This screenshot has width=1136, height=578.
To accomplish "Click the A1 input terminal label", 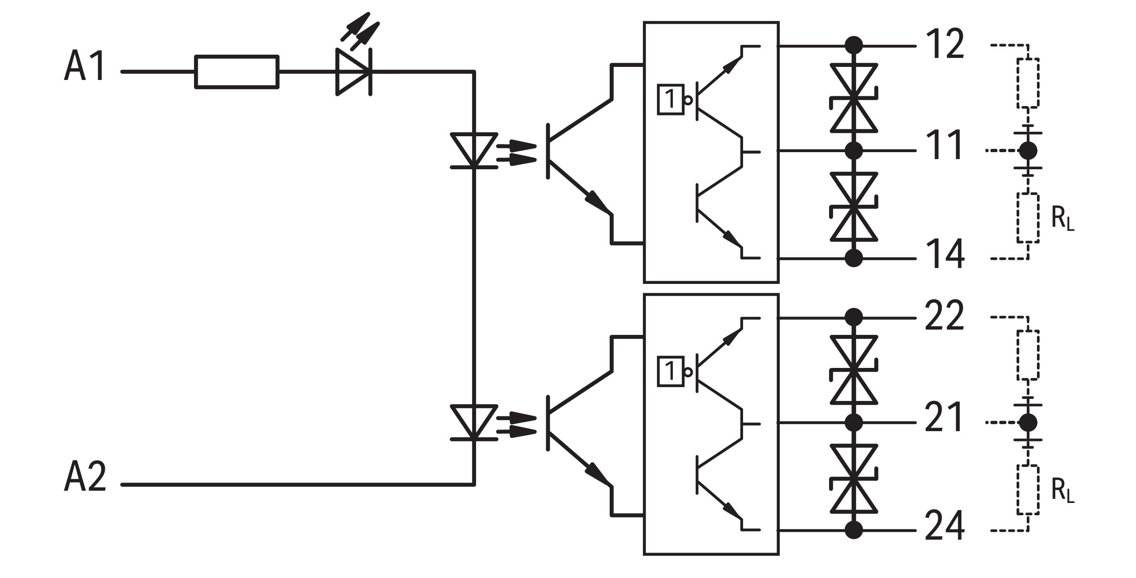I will [85, 66].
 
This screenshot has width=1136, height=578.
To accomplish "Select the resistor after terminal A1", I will [237, 72].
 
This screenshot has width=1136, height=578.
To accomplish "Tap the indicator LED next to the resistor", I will [354, 72].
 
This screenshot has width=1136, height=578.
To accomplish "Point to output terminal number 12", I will [944, 44].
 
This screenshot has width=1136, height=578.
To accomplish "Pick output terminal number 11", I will [944, 146].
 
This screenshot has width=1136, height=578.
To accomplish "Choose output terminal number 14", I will [944, 254].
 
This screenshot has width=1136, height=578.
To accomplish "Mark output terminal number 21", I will [944, 417].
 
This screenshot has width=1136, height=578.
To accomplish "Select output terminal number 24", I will [944, 526].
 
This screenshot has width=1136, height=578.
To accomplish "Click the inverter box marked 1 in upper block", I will [671, 100].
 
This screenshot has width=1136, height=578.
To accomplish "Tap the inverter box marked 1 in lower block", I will [671, 372].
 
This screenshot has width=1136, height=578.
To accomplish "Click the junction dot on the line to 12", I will [854, 45].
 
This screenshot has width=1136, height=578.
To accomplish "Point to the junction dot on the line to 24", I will [854, 530].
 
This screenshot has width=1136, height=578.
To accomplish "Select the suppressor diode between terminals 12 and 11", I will [854, 98].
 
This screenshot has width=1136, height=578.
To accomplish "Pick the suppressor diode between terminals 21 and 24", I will [854, 479].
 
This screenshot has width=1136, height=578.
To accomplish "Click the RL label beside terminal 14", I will [1062, 219].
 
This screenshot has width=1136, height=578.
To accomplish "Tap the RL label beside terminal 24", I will [1062, 491].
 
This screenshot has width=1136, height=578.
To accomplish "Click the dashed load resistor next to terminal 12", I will [1028, 83].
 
